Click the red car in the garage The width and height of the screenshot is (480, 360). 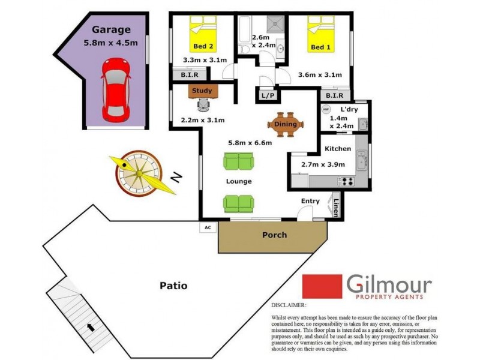[114, 88]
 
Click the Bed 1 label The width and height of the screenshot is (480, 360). [320, 47]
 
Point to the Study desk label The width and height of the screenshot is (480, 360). [202, 91]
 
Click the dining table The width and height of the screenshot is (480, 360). [286, 124]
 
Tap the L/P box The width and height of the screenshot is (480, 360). [267, 95]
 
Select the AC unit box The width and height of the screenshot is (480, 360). [208, 227]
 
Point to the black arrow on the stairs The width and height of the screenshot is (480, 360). [91, 328]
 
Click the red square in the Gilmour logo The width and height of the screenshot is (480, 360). [321, 286]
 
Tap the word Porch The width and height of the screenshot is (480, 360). [275, 235]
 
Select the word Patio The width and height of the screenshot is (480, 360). [173, 286]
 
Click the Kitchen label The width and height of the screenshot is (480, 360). [337, 148]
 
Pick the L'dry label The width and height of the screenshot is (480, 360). [349, 110]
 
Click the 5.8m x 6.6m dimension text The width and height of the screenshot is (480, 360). [250, 143]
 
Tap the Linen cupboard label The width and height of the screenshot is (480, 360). [336, 207]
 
